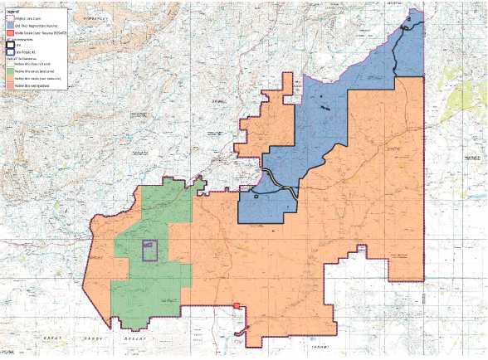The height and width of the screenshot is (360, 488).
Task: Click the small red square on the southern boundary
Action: point(237,306)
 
